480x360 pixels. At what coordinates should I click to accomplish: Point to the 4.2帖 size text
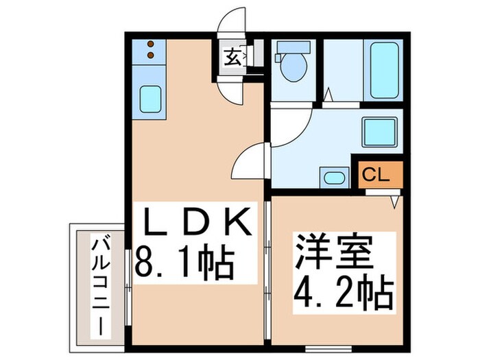coord(342,293)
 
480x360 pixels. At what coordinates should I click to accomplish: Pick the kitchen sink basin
coord(149,98)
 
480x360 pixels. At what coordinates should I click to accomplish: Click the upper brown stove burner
coord(152,45)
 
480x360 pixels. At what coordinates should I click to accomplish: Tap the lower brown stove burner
coord(152,56)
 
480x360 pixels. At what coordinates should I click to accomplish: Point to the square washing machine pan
coord(376,131)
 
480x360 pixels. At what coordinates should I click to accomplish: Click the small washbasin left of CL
coord(334,178)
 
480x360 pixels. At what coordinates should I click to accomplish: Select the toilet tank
coord(283,51)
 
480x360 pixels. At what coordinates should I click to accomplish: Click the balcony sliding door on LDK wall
coord(128,282)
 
